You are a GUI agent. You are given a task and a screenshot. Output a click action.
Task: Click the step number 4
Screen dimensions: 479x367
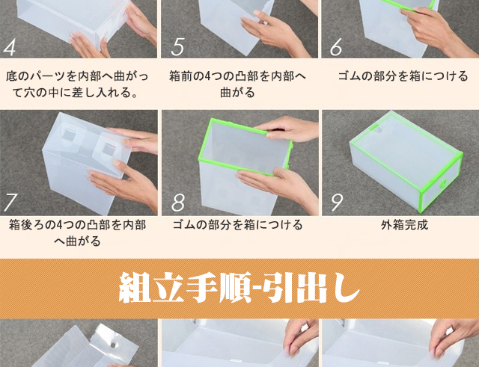pyautogui.click(x=9, y=47)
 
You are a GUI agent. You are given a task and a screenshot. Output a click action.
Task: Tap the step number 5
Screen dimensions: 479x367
pyautogui.click(x=177, y=47)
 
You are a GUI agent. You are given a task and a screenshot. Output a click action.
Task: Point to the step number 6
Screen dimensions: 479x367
pyautogui.click(x=336, y=47)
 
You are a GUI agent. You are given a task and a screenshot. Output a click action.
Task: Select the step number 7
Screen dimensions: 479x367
pyautogui.click(x=10, y=202)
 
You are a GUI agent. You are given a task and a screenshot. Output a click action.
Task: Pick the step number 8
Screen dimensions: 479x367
pyautogui.click(x=178, y=202)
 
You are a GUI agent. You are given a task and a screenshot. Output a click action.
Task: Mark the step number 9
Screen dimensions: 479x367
pyautogui.click(x=337, y=203)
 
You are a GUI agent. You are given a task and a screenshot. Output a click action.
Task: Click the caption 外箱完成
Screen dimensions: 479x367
pyautogui.click(x=404, y=225)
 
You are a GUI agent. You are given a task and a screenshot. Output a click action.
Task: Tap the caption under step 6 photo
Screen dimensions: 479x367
pyautogui.click(x=403, y=76)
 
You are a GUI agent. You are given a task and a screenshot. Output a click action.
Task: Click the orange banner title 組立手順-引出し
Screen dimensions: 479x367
pyautogui.click(x=239, y=288)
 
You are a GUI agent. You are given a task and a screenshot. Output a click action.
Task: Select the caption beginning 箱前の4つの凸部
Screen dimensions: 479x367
pyautogui.click(x=238, y=84)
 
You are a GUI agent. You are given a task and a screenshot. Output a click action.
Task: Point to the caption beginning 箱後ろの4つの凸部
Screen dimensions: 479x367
pyautogui.click(x=78, y=233)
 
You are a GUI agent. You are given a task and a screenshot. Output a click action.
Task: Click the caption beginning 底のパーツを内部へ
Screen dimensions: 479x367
pyautogui.click(x=76, y=84)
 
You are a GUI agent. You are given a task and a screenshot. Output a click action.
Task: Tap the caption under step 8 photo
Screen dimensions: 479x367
pyautogui.click(x=238, y=225)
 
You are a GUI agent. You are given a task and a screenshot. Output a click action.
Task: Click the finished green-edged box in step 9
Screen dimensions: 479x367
pyautogui.click(x=406, y=161)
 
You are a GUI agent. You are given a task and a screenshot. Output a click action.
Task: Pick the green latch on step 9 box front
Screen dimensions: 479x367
pyautogui.click(x=442, y=184)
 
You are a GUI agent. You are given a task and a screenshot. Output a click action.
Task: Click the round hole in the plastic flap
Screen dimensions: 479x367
pyautogui.click(x=113, y=345)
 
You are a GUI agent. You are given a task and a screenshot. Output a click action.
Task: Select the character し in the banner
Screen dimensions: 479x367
pyautogui.click(x=347, y=288)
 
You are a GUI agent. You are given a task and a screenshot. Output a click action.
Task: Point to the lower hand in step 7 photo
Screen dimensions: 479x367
pyautogui.click(x=125, y=183)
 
